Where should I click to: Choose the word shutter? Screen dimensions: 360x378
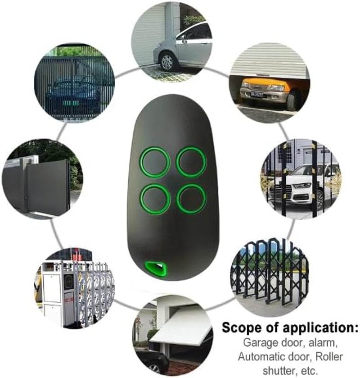point(279,370)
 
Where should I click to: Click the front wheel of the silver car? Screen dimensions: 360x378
point(167,61)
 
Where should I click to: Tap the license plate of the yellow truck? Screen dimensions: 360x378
point(256,94)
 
